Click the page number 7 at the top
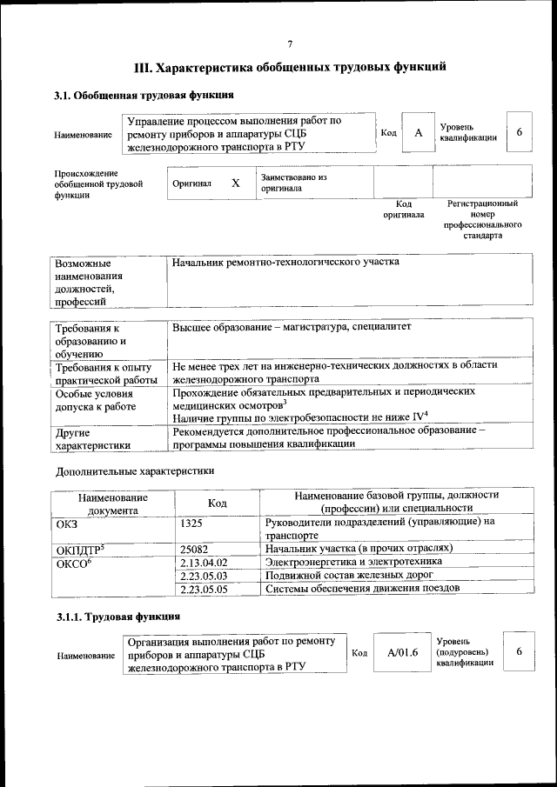tap(290, 43)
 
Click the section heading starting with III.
tap(290, 66)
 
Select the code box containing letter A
tap(418, 133)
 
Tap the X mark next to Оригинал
tap(235, 183)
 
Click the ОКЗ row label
tap(67, 522)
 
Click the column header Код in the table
tap(217, 504)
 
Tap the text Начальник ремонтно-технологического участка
tap(285, 262)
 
